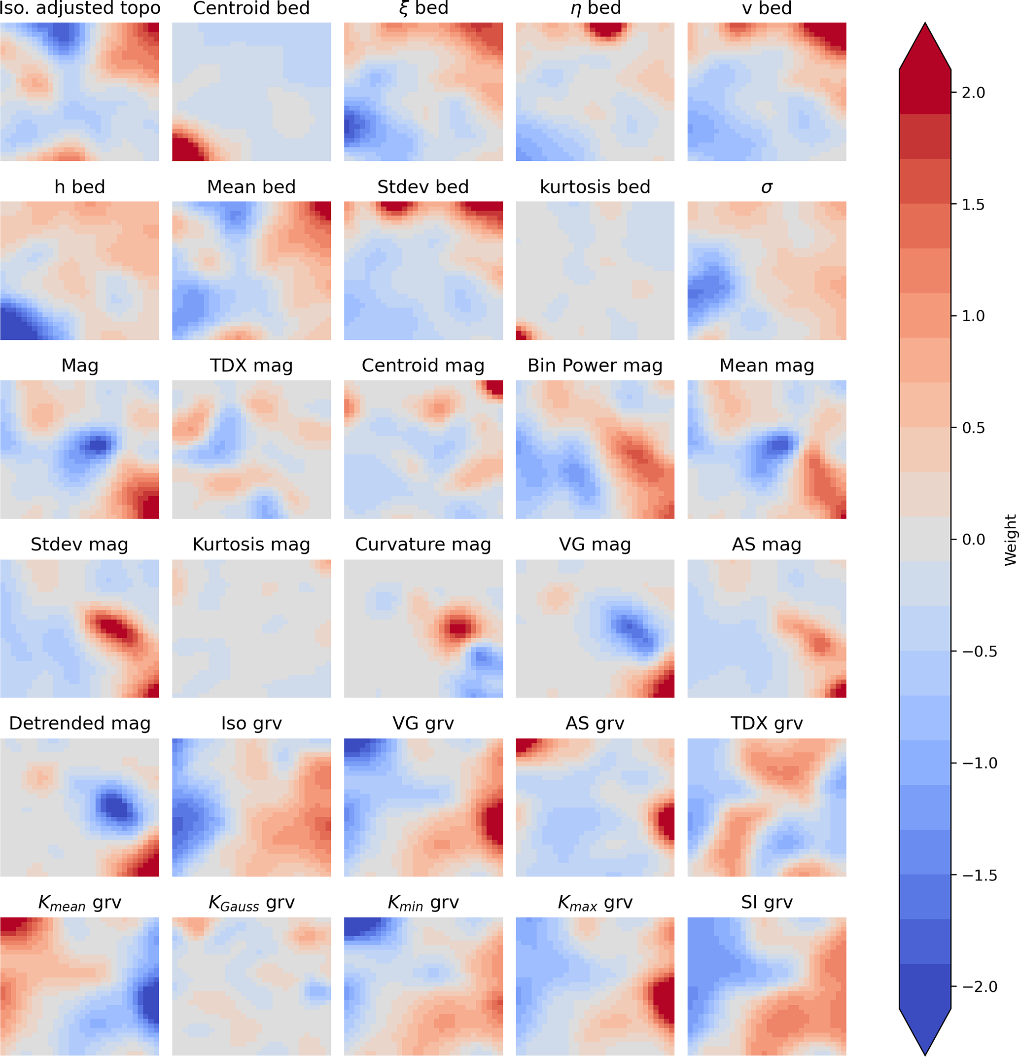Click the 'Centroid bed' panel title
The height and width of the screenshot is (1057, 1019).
tap(251, 8)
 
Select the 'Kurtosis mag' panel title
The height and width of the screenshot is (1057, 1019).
tap(251, 545)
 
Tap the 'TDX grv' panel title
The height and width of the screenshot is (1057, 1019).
tap(766, 723)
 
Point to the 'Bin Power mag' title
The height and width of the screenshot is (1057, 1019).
tap(595, 365)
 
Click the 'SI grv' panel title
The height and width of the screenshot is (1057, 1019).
tap(766, 902)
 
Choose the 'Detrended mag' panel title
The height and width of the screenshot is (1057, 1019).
tap(80, 723)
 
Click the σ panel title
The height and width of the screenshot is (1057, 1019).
tap(766, 187)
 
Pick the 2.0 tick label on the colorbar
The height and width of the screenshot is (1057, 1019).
tap(973, 93)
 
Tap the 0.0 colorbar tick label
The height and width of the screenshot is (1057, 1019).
tap(973, 540)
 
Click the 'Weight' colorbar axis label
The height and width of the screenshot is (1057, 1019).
tap(1010, 540)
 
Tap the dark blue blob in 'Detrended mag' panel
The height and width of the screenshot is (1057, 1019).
tap(116, 806)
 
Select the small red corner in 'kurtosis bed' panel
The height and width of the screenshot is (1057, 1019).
tap(521, 334)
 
